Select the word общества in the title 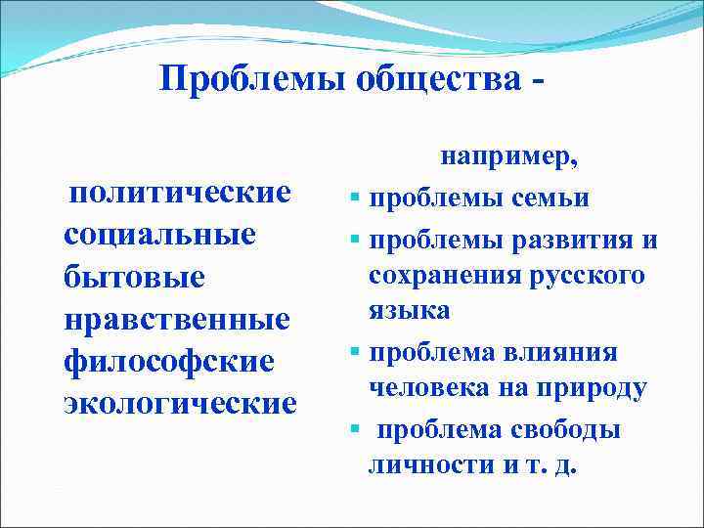pyautogui.click(x=440, y=81)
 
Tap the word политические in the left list pyautogui.click(x=180, y=192)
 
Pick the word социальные pyautogui.click(x=159, y=235)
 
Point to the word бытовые pyautogui.click(x=120, y=277)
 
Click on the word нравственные pyautogui.click(x=177, y=319)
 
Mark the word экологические pyautogui.click(x=179, y=403)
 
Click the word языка pyautogui.click(x=410, y=311)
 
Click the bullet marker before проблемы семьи pyautogui.click(x=357, y=199)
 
